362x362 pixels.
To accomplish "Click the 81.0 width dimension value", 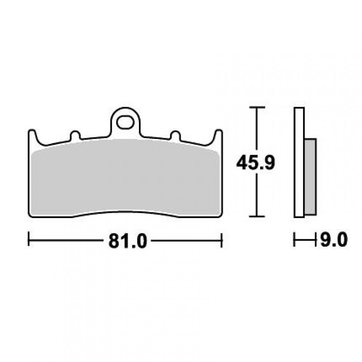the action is (128, 241).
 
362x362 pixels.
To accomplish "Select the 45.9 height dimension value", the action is (256, 162).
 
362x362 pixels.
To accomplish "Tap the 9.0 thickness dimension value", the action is (334, 239).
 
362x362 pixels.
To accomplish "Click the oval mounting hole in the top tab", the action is (125, 122).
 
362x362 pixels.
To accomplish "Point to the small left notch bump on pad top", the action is (75, 135).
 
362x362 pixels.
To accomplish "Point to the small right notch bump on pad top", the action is (175, 135).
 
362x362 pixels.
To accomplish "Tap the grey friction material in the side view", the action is (310, 177).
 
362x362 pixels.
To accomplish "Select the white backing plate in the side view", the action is (299, 162).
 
